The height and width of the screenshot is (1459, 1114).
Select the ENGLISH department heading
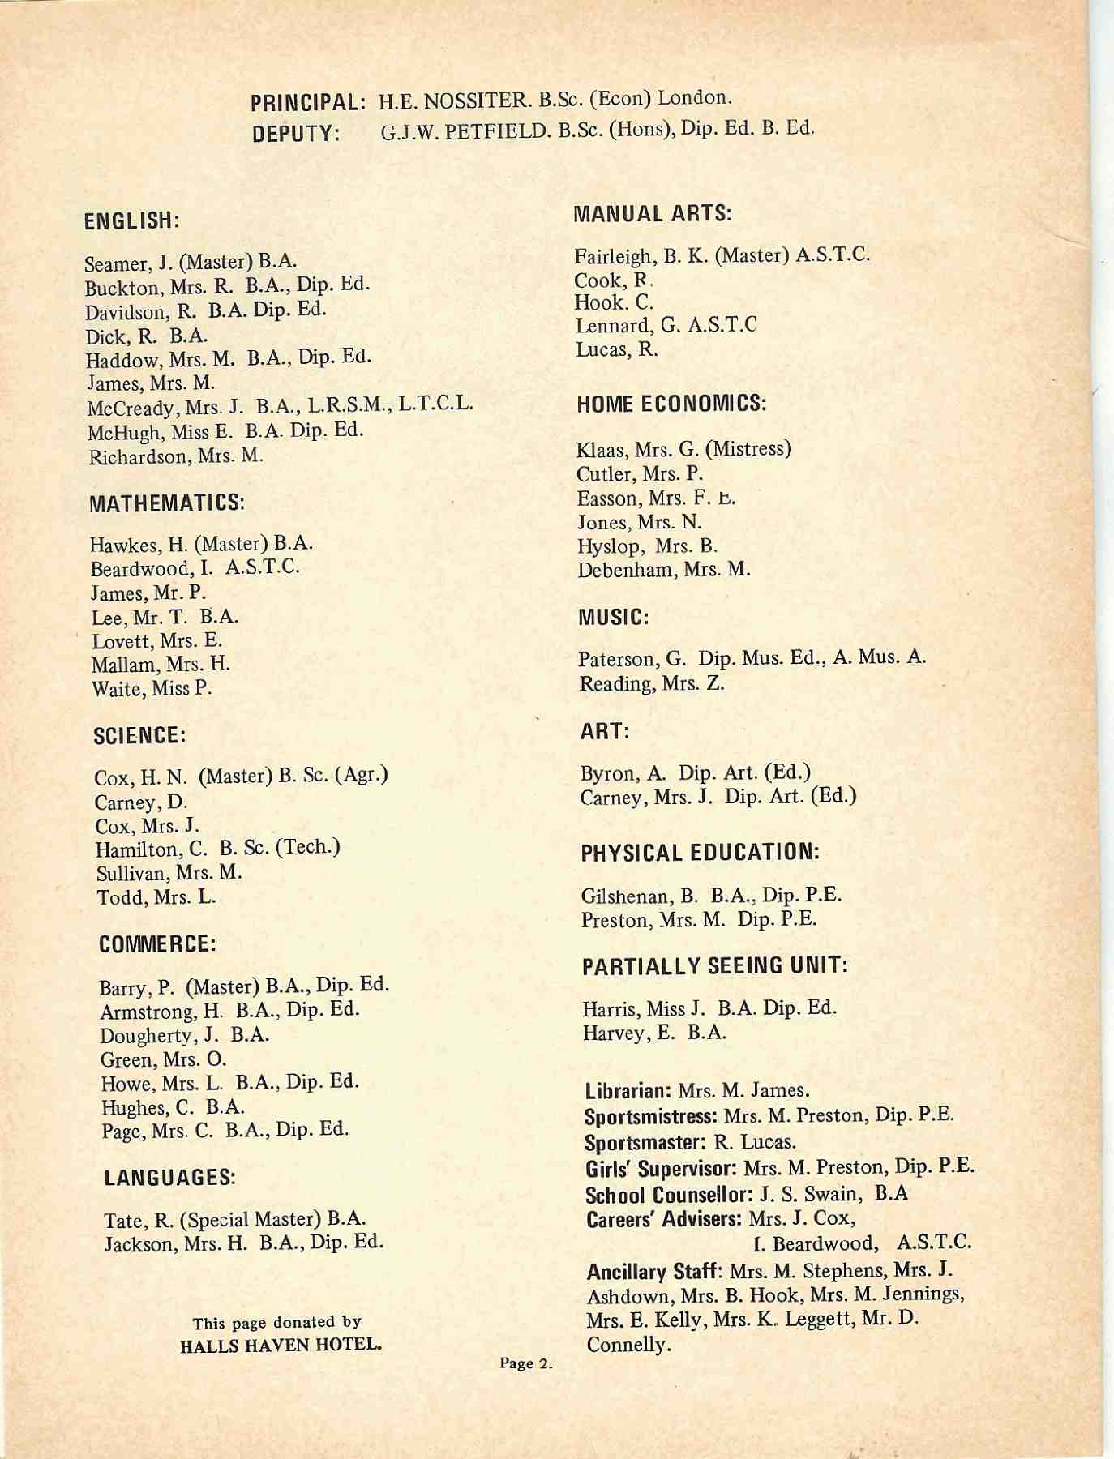point(131,220)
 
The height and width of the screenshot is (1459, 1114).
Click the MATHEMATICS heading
point(167,503)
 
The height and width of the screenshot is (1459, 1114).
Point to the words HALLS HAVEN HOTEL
point(281,1346)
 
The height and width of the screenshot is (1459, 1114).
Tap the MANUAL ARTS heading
point(653,214)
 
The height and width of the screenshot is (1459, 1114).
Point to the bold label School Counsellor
point(670,1196)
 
